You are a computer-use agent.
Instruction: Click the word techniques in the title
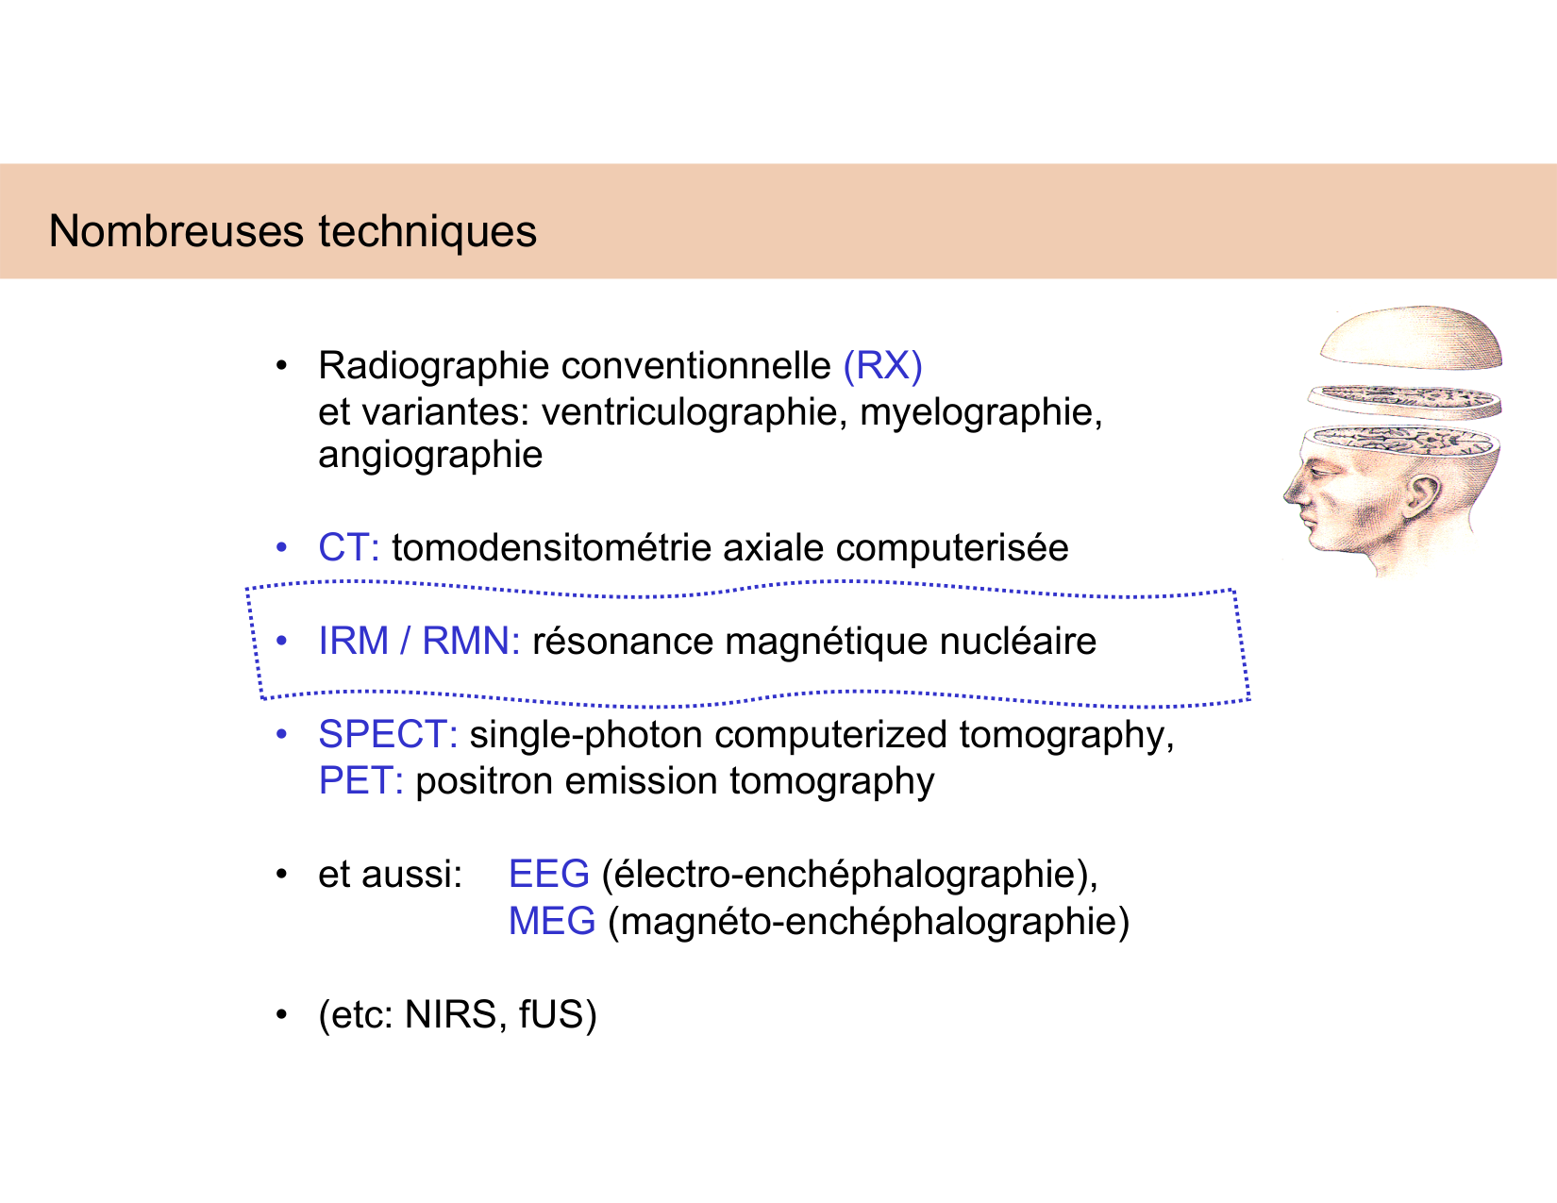tap(427, 231)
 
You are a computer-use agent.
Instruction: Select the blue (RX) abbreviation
tap(882, 366)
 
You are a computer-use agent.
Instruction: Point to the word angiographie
tap(430, 455)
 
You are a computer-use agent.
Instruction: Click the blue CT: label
tap(348, 547)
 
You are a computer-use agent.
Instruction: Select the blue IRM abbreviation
tap(354, 641)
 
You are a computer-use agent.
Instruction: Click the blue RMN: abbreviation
tap(470, 641)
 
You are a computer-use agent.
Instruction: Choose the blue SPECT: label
tap(388, 734)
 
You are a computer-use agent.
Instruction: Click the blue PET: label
tap(360, 781)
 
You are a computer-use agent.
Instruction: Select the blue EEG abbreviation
tap(548, 874)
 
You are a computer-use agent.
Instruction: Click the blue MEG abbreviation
tap(552, 921)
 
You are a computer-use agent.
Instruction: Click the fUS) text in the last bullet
tap(558, 1014)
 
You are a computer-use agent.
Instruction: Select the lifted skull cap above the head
tap(1411, 335)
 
